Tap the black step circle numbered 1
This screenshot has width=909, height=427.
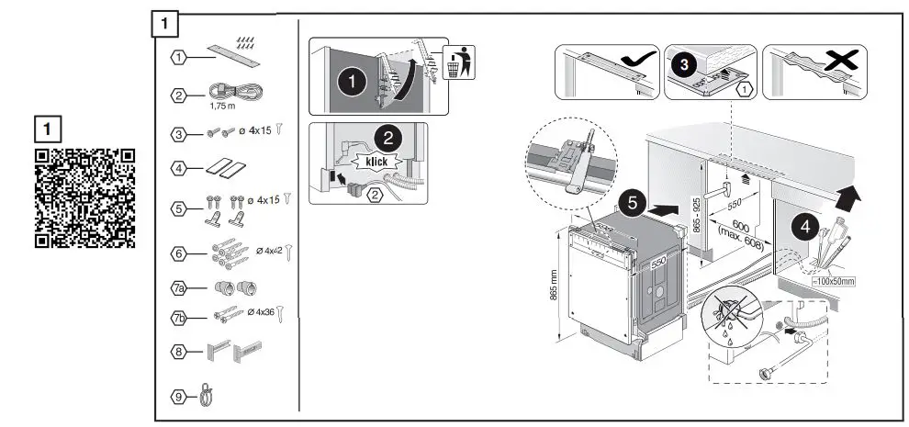point(349,81)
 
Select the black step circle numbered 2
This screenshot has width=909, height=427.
point(387,140)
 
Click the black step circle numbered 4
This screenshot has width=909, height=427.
point(802,227)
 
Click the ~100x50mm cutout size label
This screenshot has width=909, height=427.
point(834,280)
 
